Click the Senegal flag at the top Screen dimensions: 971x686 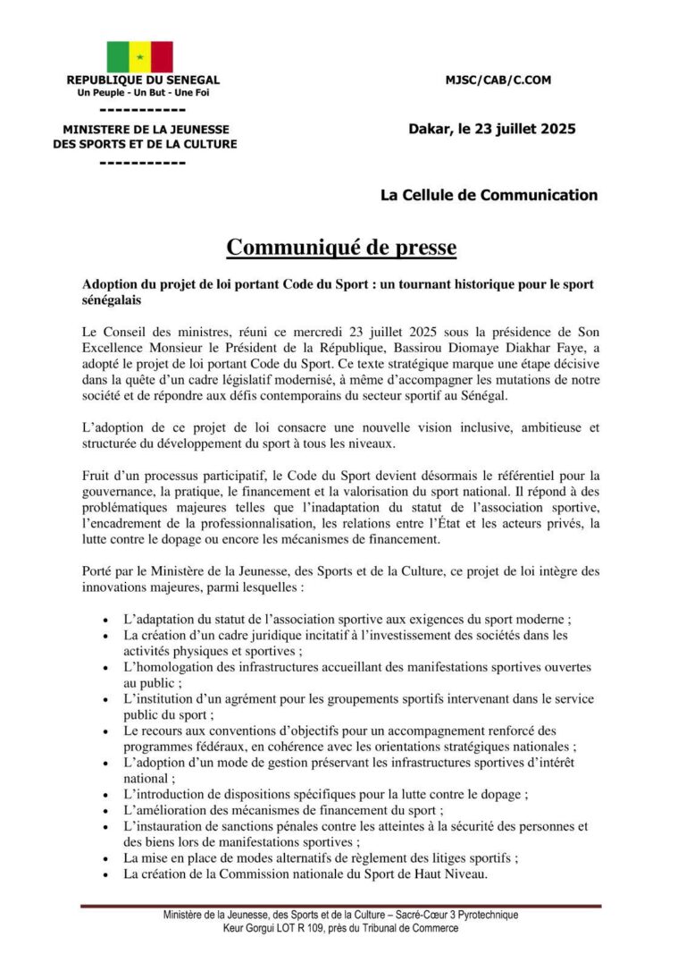[x=140, y=56]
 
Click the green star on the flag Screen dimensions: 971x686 [x=140, y=57]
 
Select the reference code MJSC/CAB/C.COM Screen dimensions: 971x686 [x=498, y=80]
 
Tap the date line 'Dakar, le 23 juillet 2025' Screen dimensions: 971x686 [x=492, y=129]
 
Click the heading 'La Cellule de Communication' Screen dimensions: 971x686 [x=489, y=195]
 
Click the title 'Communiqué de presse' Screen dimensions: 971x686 [x=341, y=247]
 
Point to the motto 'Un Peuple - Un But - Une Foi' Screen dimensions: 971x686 [x=143, y=92]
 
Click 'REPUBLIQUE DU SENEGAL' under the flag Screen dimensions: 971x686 [x=143, y=80]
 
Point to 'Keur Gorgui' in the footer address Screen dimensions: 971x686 [x=252, y=929]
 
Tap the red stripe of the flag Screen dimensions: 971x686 [x=162, y=56]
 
